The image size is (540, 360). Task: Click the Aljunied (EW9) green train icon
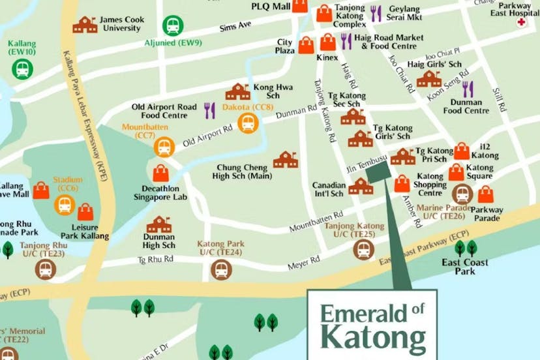[173, 25]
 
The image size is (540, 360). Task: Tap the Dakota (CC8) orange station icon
[247, 123]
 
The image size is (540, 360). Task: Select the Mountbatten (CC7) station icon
[164, 147]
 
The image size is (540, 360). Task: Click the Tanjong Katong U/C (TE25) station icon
[363, 249]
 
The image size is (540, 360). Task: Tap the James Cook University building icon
[85, 25]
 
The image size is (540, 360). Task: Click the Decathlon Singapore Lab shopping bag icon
[161, 173]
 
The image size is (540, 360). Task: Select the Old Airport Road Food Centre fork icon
[209, 110]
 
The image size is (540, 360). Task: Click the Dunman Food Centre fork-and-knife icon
[468, 89]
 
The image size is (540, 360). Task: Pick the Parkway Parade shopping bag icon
[486, 194]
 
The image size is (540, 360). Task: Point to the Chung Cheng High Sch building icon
[286, 159]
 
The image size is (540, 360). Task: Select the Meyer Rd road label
[303, 263]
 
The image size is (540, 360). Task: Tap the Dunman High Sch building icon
[159, 225]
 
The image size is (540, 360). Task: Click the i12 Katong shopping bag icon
[462, 151]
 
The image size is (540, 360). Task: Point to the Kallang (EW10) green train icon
[23, 68]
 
